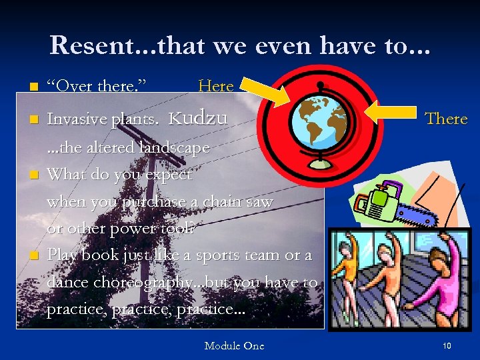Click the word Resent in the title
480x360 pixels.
click(x=89, y=45)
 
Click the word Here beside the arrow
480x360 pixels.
click(x=216, y=86)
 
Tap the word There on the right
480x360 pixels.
click(x=446, y=119)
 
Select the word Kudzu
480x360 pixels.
click(x=198, y=118)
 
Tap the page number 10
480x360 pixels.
click(x=447, y=345)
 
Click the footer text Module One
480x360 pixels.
click(x=234, y=345)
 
